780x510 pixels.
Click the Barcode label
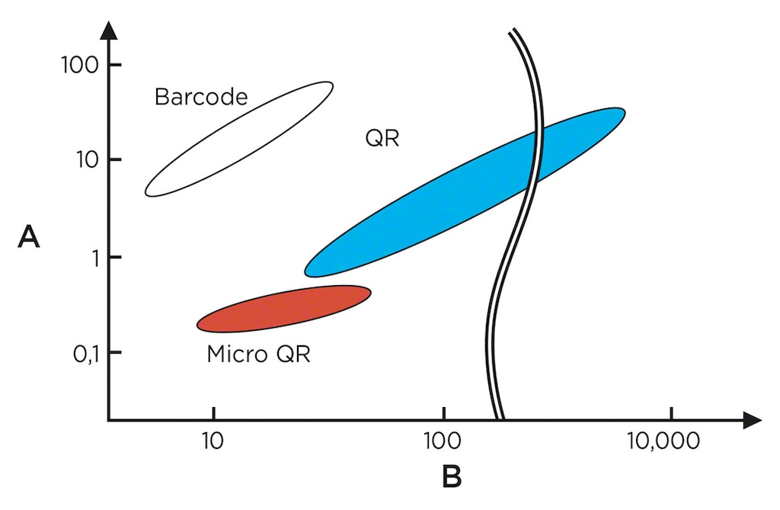click(x=201, y=97)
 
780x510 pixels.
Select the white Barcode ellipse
click(x=239, y=139)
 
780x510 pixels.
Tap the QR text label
click(x=382, y=138)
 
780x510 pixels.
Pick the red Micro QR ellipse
click(x=283, y=309)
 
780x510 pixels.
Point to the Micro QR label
click(x=259, y=354)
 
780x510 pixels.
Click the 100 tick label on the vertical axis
click(x=79, y=65)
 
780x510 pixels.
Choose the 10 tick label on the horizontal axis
click(x=213, y=441)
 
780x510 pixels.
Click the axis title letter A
click(x=29, y=237)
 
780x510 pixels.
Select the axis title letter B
click(x=451, y=476)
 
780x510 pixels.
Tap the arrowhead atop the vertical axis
click(x=108, y=30)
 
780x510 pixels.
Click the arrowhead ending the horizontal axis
click(x=752, y=420)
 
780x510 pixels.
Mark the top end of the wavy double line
click(x=513, y=32)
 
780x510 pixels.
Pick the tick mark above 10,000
click(x=670, y=413)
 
